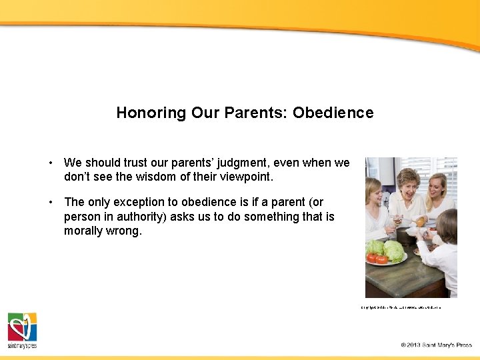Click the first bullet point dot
(x=51, y=163)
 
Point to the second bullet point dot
(x=51, y=202)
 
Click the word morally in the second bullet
(x=83, y=231)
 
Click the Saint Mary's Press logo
(x=22, y=330)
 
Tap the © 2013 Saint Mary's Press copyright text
(x=436, y=345)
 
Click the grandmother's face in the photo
(x=407, y=184)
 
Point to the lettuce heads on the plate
(x=387, y=250)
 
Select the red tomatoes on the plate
(x=377, y=259)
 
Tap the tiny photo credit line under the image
(x=401, y=307)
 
